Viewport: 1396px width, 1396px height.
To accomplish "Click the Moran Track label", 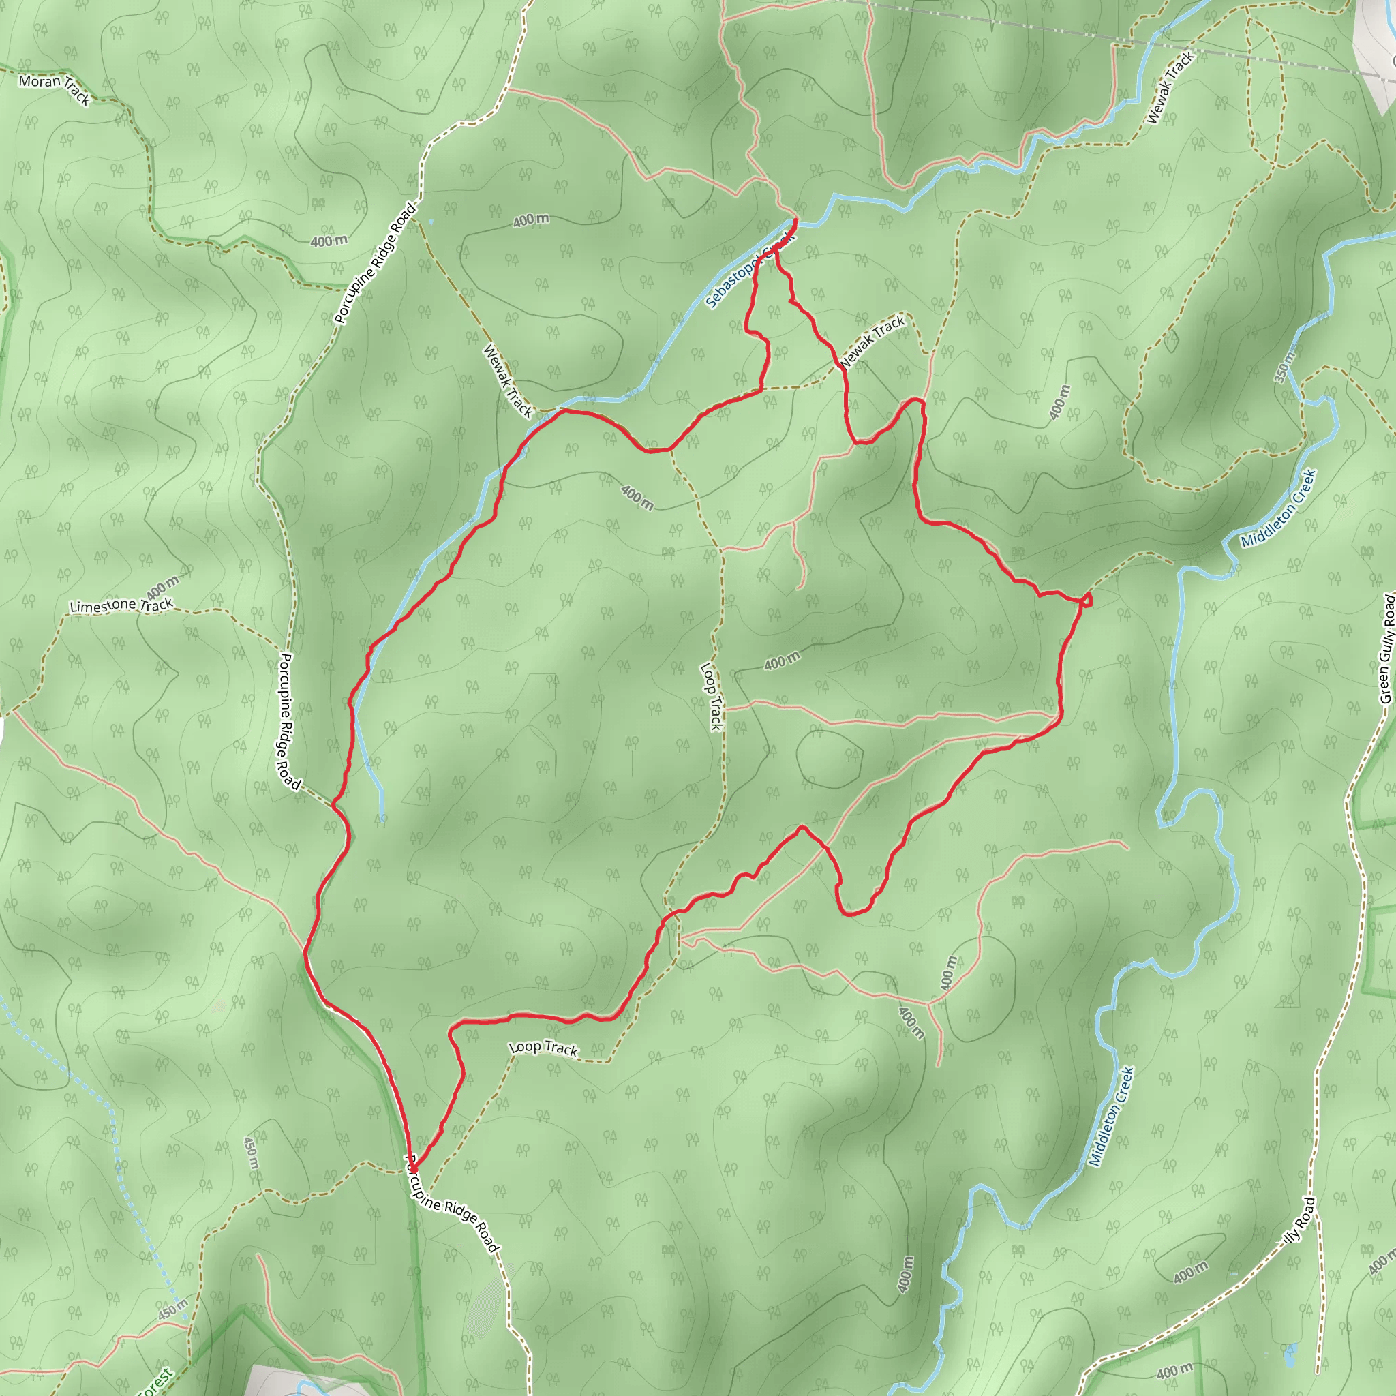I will [55, 89].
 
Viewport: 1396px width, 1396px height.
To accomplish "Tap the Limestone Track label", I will [121, 605].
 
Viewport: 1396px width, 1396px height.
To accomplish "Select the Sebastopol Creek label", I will [748, 271].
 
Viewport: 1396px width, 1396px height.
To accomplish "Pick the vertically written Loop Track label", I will [711, 697].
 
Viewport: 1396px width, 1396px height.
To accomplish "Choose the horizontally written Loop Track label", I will [543, 1048].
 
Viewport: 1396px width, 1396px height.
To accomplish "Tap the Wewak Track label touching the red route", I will [872, 342].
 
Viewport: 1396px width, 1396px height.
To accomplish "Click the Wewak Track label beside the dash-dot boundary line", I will [1170, 87].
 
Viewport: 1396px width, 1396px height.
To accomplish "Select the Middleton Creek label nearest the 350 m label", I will [1278, 509].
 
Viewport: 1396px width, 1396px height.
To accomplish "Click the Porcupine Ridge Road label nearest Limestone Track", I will [288, 721].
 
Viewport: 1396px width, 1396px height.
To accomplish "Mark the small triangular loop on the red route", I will [1086, 599].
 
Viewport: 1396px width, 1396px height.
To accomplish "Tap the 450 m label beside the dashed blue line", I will [172, 1309].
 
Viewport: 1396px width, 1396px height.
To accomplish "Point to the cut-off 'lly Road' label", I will [1299, 1220].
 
